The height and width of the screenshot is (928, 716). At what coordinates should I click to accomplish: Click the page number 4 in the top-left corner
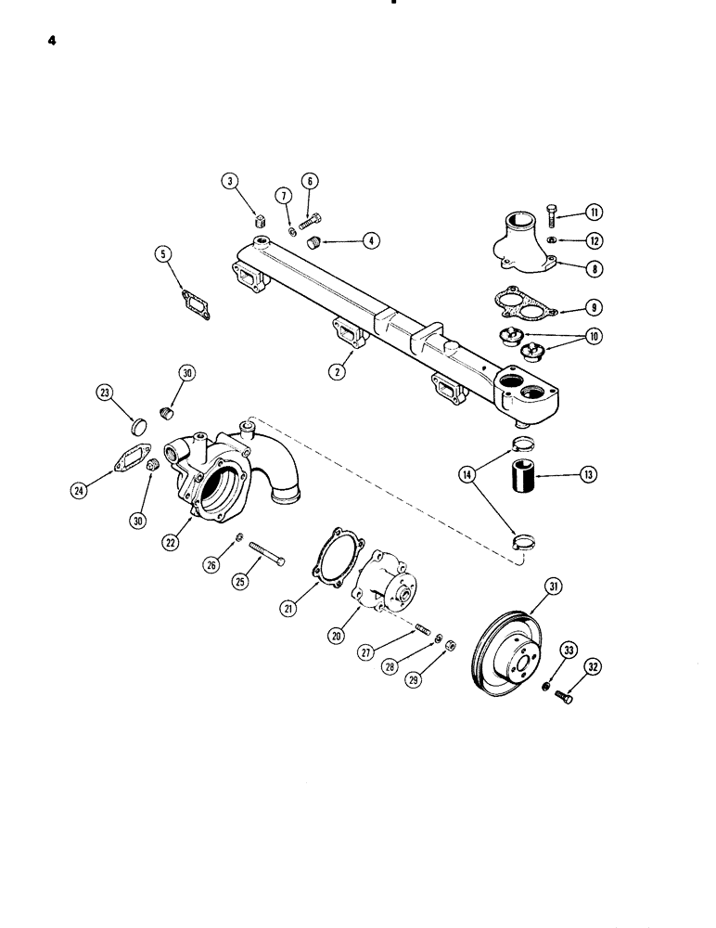[42, 41]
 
